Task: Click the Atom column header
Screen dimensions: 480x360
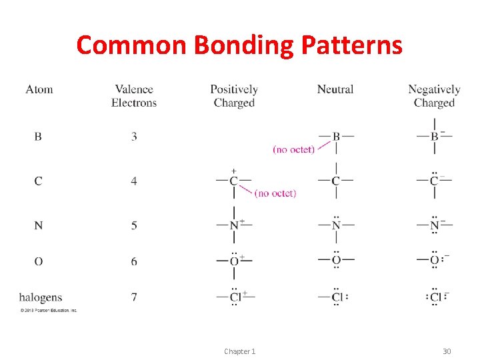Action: [39, 89]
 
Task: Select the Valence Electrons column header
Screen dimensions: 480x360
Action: [134, 96]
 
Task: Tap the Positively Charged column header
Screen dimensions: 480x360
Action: [234, 96]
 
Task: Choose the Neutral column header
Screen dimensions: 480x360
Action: [335, 89]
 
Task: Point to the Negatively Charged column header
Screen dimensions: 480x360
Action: [434, 96]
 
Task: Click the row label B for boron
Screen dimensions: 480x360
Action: [38, 137]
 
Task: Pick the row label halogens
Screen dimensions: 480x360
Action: [41, 297]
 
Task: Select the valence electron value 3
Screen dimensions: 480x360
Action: [134, 137]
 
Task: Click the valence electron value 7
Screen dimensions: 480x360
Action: [134, 297]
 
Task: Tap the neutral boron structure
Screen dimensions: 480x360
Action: [336, 137]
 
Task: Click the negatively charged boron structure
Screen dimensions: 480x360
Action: [435, 137]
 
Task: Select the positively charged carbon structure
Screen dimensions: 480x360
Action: [234, 181]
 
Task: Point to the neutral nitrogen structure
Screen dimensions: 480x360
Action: [336, 225]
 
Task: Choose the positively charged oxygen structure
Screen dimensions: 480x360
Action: [234, 261]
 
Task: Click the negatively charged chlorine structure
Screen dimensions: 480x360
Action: [436, 297]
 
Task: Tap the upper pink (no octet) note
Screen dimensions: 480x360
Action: [293, 150]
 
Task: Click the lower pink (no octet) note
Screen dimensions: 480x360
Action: [275, 193]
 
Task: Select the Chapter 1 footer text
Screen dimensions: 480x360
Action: [239, 351]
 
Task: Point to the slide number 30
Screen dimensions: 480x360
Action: [447, 351]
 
